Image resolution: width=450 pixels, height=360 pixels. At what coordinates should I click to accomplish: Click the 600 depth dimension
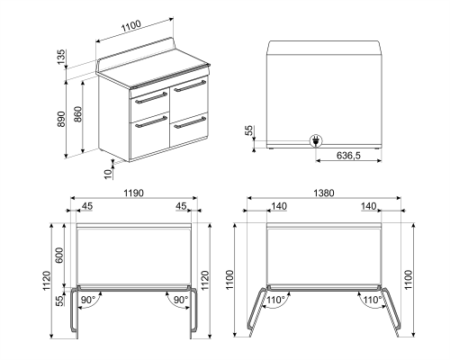(60, 254)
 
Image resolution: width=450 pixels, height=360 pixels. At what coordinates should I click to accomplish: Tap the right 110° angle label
(367, 299)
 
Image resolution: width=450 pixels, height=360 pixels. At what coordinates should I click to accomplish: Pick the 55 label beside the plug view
(249, 131)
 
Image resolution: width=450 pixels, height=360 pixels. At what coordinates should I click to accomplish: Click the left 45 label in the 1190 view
(87, 207)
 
